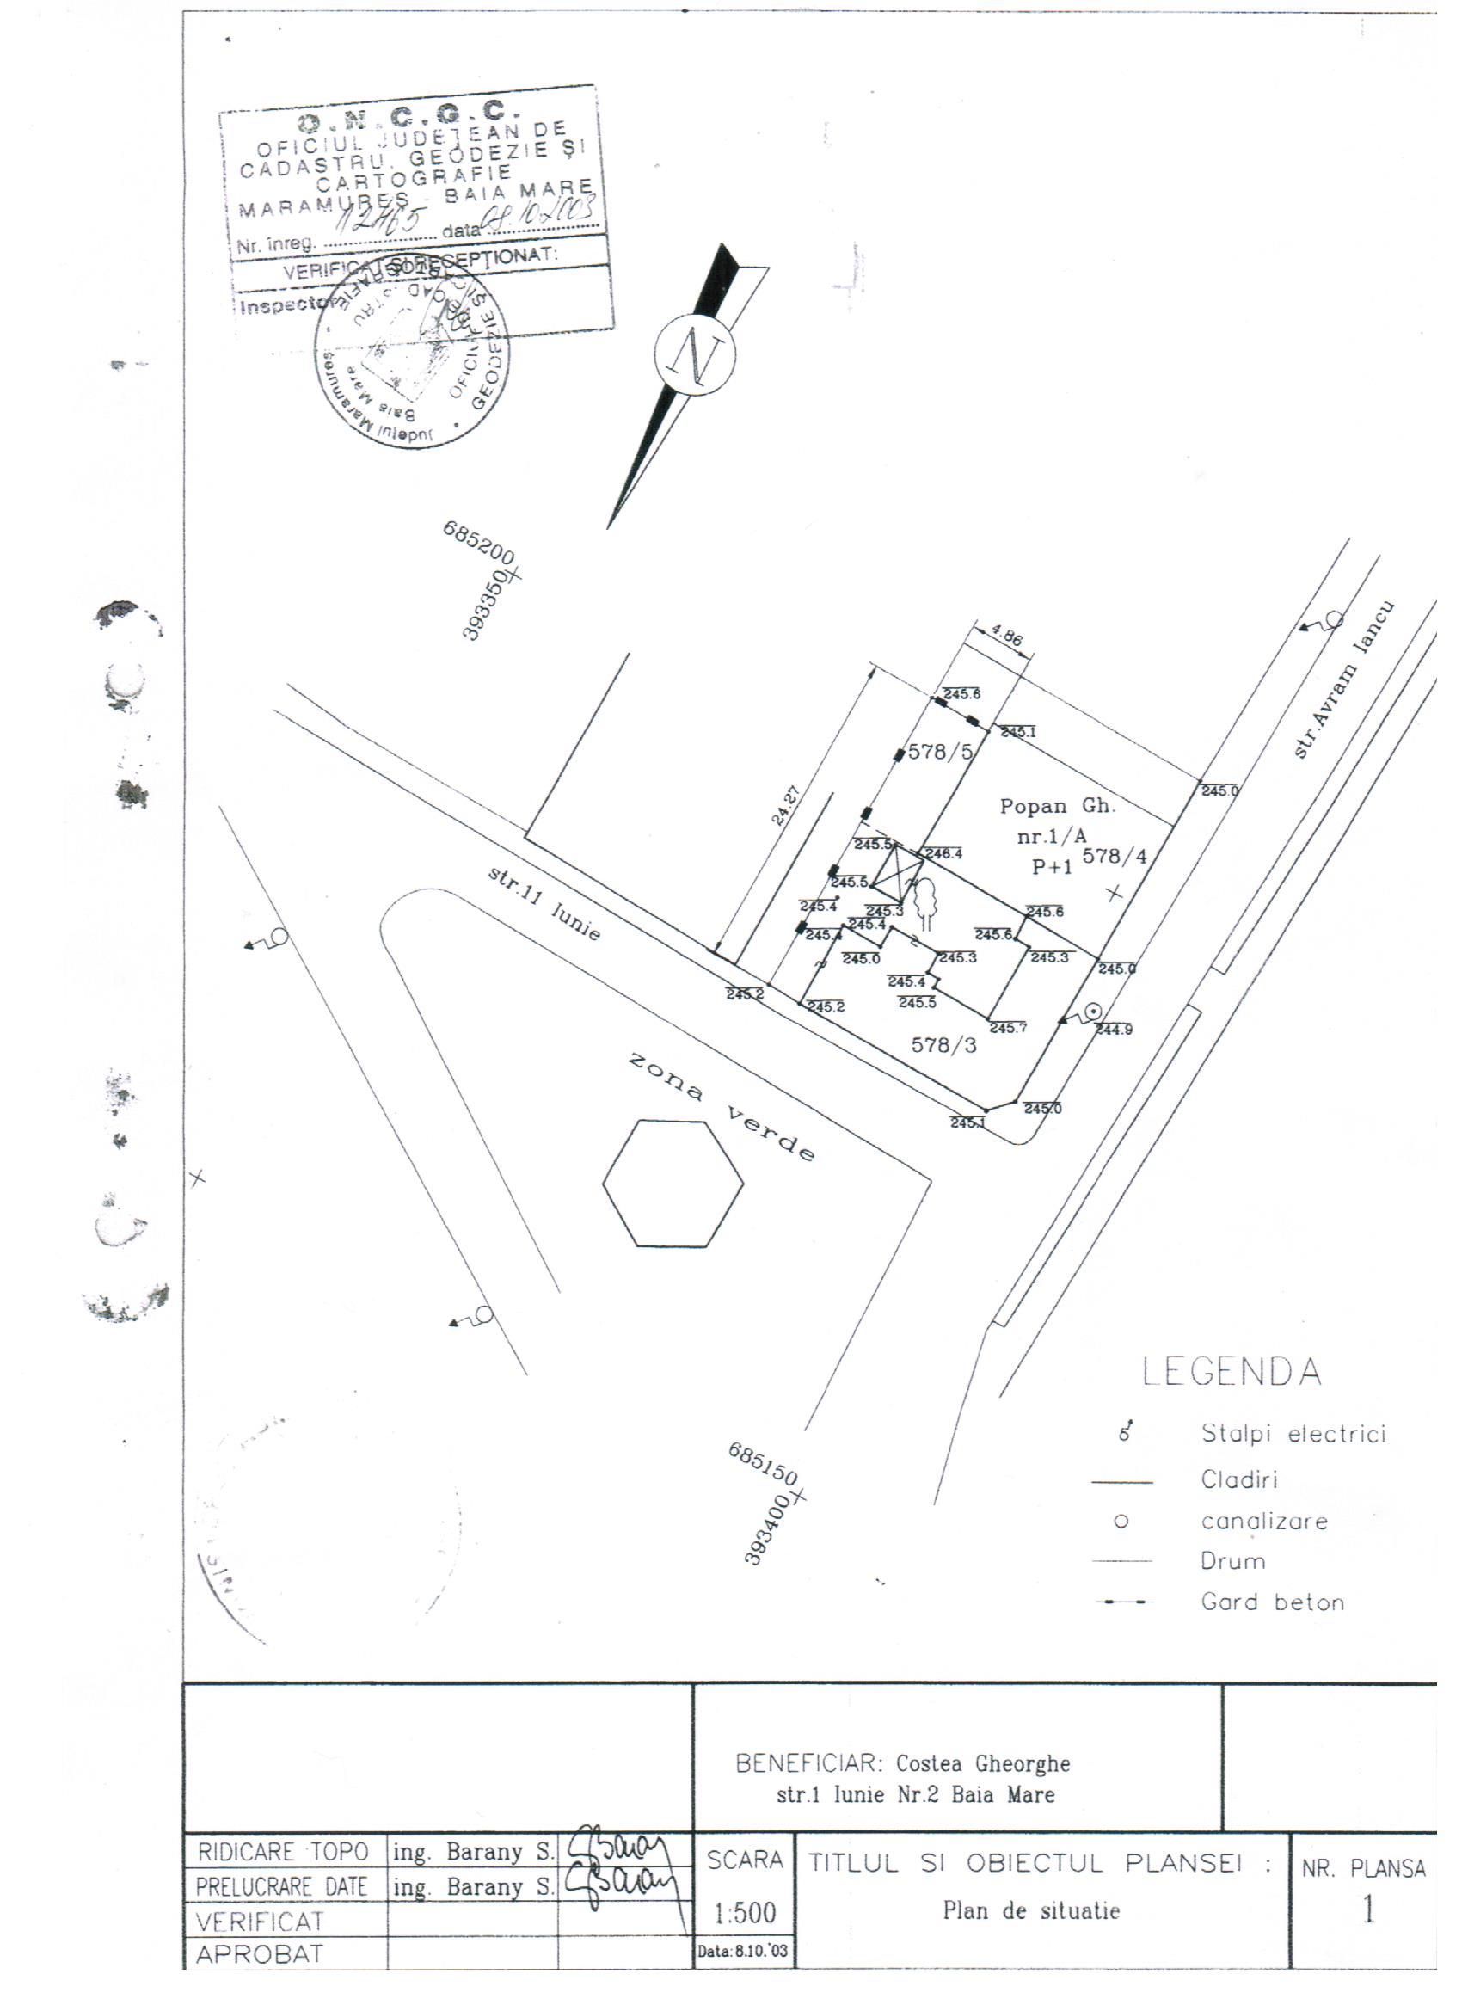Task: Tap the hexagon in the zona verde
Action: click(673, 1184)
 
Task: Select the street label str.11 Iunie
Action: click(544, 903)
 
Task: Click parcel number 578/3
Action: click(944, 1045)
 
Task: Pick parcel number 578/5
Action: click(941, 752)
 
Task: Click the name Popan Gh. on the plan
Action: click(1057, 806)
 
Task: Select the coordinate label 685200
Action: click(478, 544)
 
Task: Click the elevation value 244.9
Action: click(1115, 1030)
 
